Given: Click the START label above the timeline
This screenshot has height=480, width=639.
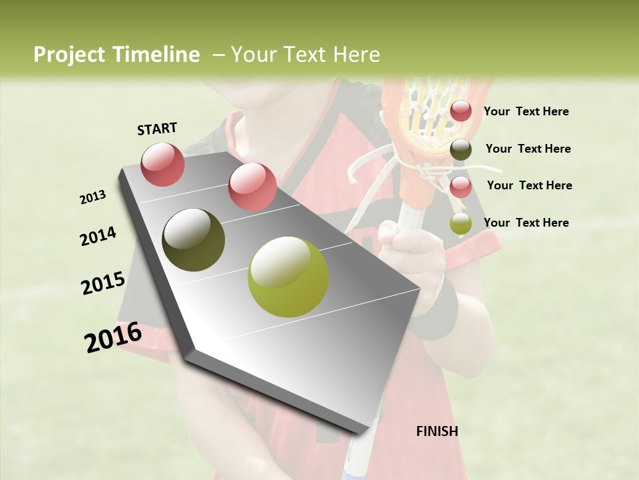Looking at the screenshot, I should (157, 129).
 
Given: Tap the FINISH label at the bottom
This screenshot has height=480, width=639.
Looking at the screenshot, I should (437, 431).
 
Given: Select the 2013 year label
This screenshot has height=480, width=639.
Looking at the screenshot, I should (93, 197).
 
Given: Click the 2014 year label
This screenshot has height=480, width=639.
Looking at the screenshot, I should (98, 237).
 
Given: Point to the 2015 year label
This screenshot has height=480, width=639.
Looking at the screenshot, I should (103, 283).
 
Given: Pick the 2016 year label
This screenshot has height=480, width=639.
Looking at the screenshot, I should (113, 337).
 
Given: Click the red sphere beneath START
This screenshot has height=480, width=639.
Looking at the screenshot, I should (162, 164).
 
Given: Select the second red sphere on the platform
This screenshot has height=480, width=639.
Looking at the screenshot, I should (252, 187).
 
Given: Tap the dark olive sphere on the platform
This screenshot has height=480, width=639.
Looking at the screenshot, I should (193, 240).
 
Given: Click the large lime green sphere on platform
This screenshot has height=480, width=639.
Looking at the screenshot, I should (288, 277).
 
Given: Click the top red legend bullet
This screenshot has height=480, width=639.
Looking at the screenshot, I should (461, 111).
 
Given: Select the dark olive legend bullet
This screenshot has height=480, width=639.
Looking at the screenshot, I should (461, 149).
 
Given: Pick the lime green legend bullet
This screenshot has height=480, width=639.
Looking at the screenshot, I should (461, 224).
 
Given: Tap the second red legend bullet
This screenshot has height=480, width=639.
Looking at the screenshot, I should (461, 187).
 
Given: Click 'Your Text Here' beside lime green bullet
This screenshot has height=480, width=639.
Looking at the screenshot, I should (526, 223).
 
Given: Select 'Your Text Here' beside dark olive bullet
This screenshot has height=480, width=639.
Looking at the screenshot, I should (528, 149).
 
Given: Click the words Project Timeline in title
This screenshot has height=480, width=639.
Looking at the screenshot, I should (116, 55).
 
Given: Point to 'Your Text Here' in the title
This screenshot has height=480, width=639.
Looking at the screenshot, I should (305, 55).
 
